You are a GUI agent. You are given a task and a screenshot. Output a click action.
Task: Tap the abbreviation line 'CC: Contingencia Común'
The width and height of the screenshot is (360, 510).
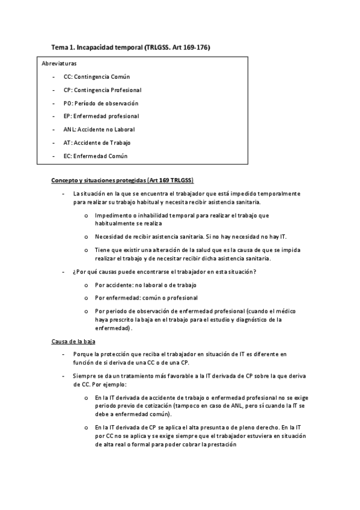pyautogui.click(x=97, y=77)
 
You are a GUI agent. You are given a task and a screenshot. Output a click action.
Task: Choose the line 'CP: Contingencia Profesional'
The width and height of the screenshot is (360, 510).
pyautogui.click(x=102, y=90)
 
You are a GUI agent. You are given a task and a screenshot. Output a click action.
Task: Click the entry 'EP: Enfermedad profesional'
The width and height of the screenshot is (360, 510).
pyautogui.click(x=101, y=116)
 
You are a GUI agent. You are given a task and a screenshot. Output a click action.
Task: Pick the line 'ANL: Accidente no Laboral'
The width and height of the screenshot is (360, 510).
pyautogui.click(x=99, y=129)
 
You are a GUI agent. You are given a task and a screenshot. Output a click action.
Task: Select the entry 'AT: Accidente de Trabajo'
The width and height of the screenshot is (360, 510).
pyautogui.click(x=97, y=143)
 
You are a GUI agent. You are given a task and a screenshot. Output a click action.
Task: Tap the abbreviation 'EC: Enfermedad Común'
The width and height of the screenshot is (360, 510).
pyautogui.click(x=96, y=156)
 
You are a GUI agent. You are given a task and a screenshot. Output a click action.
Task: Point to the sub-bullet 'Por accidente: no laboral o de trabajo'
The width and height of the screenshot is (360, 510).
pyautogui.click(x=146, y=284)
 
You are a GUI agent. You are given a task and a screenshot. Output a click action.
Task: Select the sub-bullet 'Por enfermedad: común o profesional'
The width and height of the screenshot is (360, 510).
pyautogui.click(x=146, y=298)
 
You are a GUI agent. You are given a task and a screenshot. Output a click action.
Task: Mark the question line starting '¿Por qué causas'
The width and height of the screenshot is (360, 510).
pyautogui.click(x=164, y=272)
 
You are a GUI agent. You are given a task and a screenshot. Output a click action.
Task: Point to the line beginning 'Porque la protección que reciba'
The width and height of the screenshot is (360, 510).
pyautogui.click(x=180, y=355)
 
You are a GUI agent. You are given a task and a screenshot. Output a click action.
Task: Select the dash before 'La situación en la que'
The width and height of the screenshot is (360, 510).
pyautogui.click(x=63, y=194)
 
